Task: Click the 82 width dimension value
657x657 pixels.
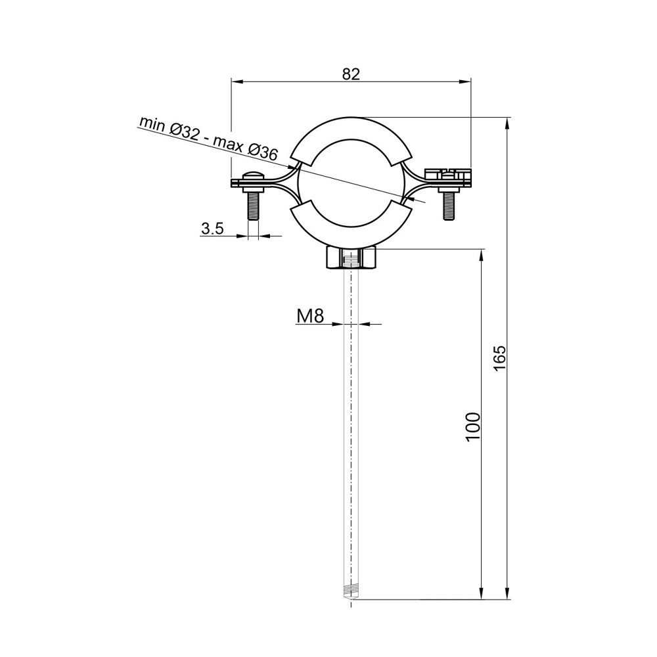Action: click(x=351, y=74)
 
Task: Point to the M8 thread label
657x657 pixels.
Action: click(x=310, y=317)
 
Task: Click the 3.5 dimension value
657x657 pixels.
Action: click(x=213, y=229)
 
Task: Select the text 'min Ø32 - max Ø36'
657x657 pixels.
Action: click(x=207, y=139)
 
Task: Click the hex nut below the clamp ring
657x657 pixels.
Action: click(x=351, y=259)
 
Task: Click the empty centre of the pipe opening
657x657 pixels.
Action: click(x=351, y=182)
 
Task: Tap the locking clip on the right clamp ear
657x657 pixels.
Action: click(x=447, y=175)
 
